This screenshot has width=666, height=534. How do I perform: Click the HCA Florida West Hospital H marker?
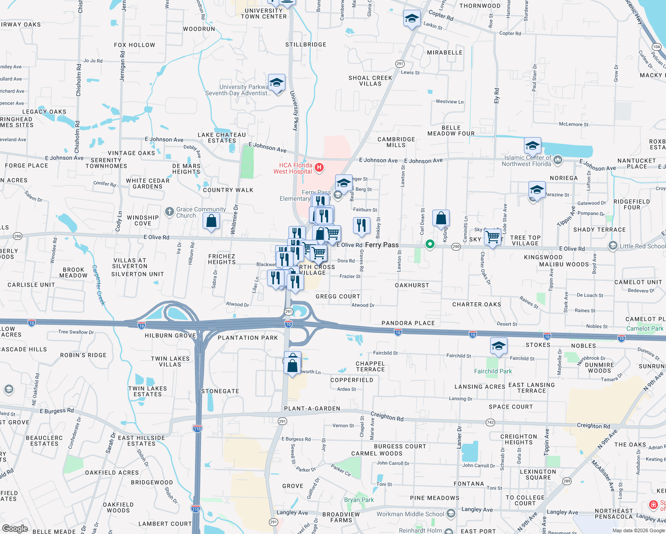[x=319, y=168]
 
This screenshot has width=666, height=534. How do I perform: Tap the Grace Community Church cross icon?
[x=169, y=212]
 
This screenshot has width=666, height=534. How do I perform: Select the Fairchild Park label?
[x=493, y=371]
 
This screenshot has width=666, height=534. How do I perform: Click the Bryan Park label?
[x=359, y=500]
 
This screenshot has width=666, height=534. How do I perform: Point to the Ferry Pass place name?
[x=382, y=245]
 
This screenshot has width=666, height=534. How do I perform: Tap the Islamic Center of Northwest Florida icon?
[x=558, y=160]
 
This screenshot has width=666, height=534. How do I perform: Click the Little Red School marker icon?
[x=613, y=246]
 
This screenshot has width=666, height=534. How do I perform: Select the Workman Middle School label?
[x=410, y=514]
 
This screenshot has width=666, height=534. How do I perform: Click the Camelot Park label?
[x=645, y=328]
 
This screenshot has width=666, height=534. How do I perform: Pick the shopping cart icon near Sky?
[x=492, y=237]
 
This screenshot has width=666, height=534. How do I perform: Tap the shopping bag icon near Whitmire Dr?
[x=211, y=221]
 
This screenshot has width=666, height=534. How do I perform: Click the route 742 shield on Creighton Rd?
[x=490, y=422]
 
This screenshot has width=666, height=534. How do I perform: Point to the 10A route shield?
[x=657, y=47]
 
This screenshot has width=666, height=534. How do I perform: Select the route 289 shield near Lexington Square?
[x=567, y=481]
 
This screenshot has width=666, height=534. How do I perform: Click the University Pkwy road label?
[x=294, y=111]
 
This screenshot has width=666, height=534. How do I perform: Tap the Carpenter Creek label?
[x=98, y=285]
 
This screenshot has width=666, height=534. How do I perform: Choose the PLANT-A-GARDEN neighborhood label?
[x=312, y=409]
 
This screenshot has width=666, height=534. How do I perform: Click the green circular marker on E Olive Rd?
[x=430, y=244]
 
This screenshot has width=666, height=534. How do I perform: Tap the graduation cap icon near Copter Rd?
[x=412, y=19]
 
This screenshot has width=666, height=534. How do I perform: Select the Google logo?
[x=15, y=529]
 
